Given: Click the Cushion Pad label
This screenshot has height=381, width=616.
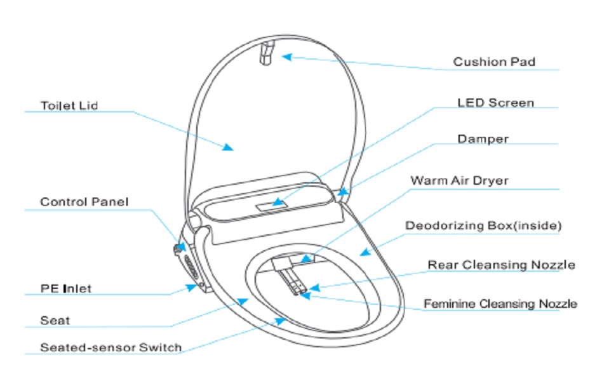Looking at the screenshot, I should point(493,62).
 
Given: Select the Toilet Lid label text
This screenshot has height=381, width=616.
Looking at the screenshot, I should point(69,105).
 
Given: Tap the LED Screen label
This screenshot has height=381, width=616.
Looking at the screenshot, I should point(495,102).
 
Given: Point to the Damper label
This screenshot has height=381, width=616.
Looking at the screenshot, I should point(483,138).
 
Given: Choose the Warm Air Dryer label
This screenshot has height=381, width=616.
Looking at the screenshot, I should point(459,181).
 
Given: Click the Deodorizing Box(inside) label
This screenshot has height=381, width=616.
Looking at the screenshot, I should point(483,225).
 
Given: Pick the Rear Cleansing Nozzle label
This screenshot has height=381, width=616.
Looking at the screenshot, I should point(501,264).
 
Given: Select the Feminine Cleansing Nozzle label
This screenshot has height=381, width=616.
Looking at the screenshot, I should point(500,304).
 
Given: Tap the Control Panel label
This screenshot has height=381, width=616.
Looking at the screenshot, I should point(84,202).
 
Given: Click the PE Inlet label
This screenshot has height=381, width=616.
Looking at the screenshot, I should point(66,288).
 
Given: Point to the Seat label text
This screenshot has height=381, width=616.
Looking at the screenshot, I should point(55,321).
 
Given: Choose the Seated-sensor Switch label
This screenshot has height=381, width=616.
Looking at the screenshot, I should point(110,347).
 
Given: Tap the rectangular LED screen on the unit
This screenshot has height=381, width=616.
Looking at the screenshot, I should point(270,206).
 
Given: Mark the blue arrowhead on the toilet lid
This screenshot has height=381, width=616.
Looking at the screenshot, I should point(228,147).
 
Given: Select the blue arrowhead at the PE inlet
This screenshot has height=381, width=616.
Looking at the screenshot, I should point(191,287).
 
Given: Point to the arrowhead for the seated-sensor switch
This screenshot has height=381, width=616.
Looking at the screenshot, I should point(280,321).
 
